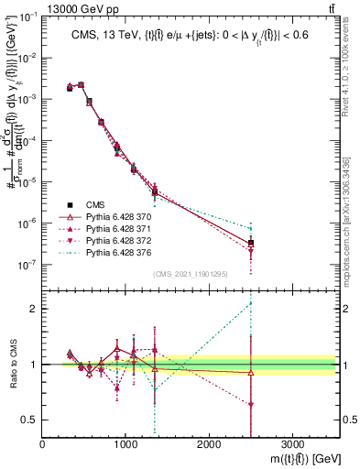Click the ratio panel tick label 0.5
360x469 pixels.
click(31, 420)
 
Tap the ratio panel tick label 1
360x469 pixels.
click(34, 365)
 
